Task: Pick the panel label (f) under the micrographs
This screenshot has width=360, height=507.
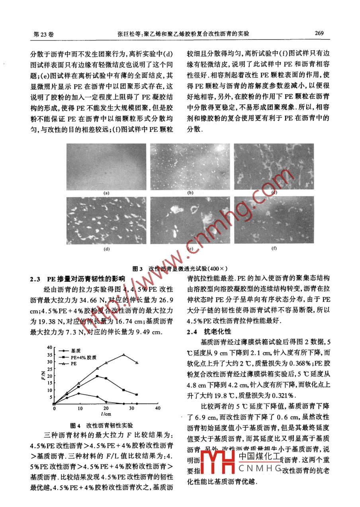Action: coord(274,248)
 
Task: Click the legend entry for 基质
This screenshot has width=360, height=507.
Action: coord(76,351)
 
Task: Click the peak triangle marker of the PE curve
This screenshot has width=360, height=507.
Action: coord(124,355)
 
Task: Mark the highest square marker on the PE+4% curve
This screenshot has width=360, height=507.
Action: coord(97,376)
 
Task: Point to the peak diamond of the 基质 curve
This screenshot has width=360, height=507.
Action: coord(79,393)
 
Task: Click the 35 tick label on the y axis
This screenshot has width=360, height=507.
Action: coord(49,355)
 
